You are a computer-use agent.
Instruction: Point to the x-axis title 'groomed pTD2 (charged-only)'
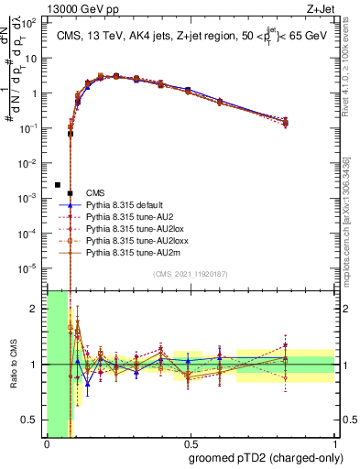tap(266, 458)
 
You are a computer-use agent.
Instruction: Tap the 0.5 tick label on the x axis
tap(190, 443)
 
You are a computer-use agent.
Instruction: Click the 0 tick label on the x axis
tap(47, 443)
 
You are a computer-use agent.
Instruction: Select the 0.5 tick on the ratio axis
tap(32, 420)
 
